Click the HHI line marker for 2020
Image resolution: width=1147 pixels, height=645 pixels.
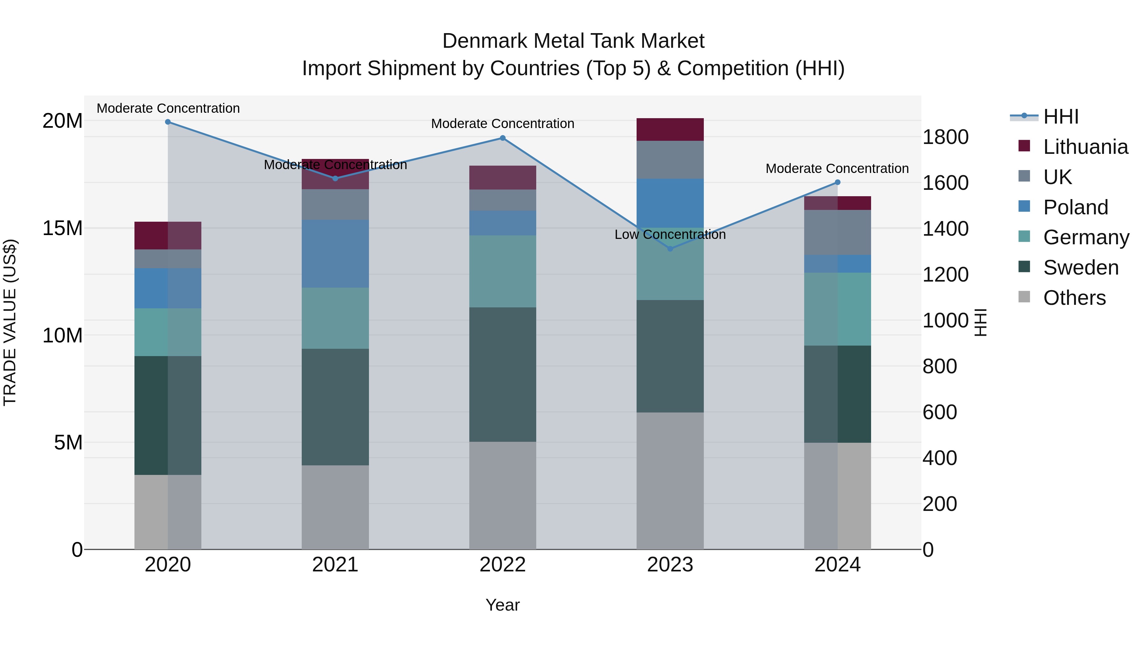pyautogui.click(x=168, y=122)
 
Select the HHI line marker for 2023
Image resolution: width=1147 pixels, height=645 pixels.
pyautogui.click(x=670, y=249)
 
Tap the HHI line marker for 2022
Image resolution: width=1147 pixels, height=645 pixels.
pyautogui.click(x=503, y=138)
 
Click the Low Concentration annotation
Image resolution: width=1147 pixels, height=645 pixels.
pyautogui.click(x=670, y=234)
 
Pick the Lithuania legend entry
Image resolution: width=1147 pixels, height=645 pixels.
pyautogui.click(x=1085, y=147)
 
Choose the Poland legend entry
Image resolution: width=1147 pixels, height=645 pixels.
pyautogui.click(x=1075, y=207)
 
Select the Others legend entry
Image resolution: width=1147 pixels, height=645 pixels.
pyautogui.click(x=1074, y=298)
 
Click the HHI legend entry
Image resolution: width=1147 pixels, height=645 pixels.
pyautogui.click(x=1061, y=117)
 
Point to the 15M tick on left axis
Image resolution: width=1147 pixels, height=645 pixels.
pyautogui.click(x=62, y=228)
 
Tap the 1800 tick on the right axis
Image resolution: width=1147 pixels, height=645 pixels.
pyautogui.click(x=945, y=137)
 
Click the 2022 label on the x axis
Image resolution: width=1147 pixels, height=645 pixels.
pyautogui.click(x=503, y=565)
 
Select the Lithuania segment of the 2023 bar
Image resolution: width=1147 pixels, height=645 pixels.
pyautogui.click(x=670, y=130)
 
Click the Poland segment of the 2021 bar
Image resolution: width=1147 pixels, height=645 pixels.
pyautogui.click(x=335, y=253)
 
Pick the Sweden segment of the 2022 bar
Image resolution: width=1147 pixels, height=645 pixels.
pyautogui.click(x=503, y=374)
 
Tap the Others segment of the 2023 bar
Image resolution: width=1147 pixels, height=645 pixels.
pyautogui.click(x=670, y=481)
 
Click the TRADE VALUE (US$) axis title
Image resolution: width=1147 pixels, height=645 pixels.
pyautogui.click(x=10, y=322)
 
